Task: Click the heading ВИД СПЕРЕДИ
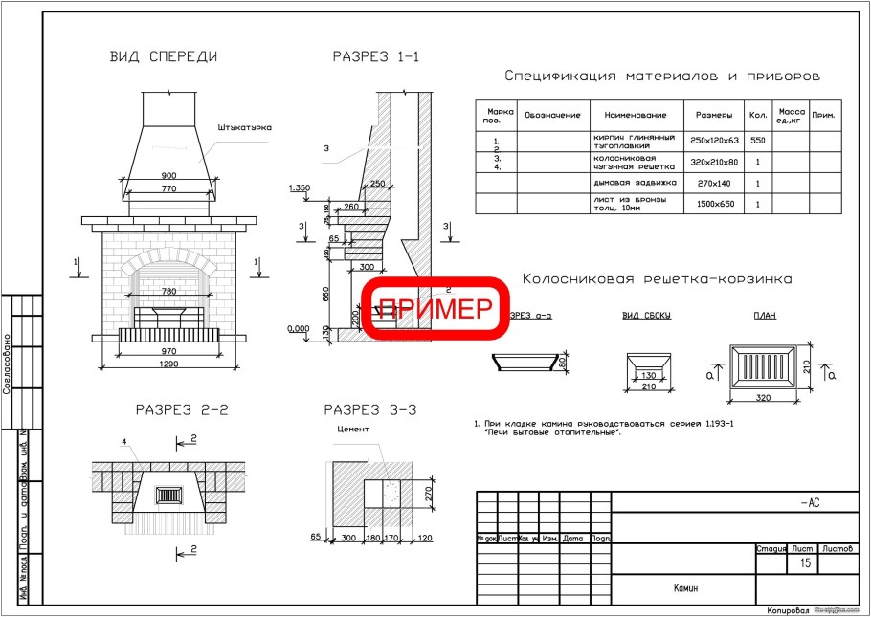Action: (x=163, y=56)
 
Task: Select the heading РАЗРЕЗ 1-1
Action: (x=375, y=56)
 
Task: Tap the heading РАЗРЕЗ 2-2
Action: (x=181, y=410)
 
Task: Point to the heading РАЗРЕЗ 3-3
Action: (x=369, y=410)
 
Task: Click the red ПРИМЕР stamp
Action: (x=435, y=308)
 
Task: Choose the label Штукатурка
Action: (x=245, y=127)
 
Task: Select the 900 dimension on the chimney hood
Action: (x=168, y=177)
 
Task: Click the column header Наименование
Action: (x=635, y=115)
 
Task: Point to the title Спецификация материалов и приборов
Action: (x=661, y=76)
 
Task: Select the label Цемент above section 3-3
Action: (x=352, y=430)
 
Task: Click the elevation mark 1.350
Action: (x=301, y=188)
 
